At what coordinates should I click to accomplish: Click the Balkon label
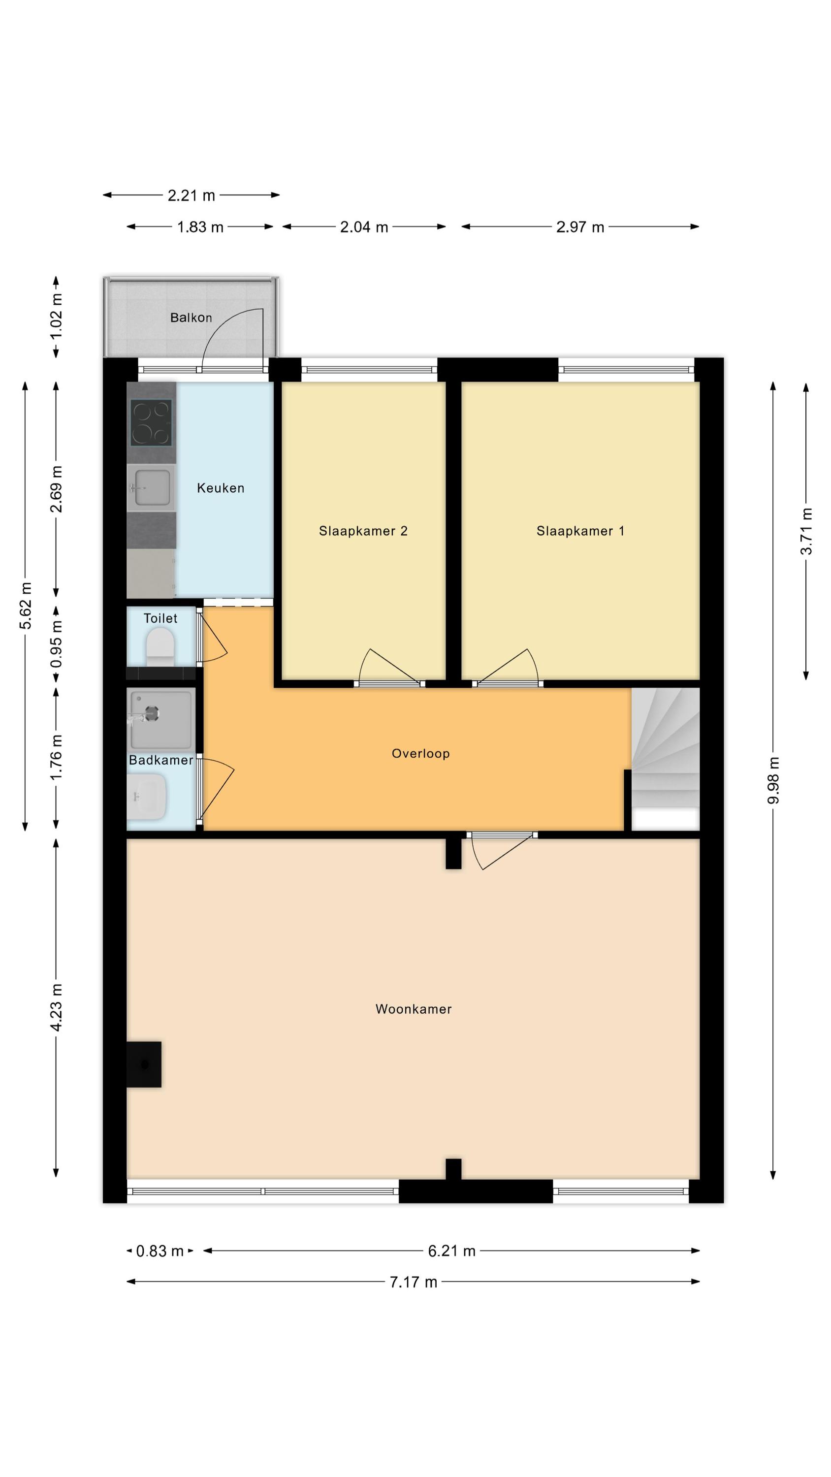[191, 318]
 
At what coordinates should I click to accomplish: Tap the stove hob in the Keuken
[151, 422]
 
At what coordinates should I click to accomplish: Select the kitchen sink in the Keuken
[152, 488]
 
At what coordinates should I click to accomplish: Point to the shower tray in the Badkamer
[161, 720]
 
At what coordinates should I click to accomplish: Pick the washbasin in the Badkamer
[147, 797]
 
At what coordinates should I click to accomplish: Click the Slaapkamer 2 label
[363, 531]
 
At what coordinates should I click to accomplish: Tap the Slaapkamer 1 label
[580, 531]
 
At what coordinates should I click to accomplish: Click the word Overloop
[420, 753]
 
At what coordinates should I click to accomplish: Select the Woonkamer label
[414, 1009]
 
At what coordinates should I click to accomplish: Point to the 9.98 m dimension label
[773, 780]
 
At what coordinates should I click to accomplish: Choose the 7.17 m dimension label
[414, 1282]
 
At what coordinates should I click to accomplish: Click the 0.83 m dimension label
[160, 1251]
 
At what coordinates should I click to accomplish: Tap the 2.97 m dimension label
[580, 227]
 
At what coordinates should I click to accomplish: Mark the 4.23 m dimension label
[56, 1007]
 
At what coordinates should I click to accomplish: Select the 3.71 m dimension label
[806, 531]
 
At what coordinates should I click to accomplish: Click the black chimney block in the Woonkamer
[143, 1064]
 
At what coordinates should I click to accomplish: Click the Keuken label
[221, 488]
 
